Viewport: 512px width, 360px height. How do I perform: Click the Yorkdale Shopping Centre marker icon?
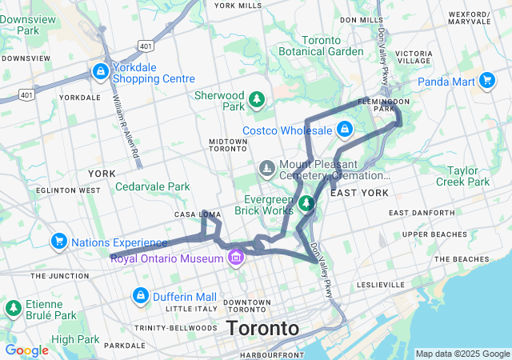(x=100, y=72)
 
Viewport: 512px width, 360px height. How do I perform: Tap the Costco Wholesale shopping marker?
(x=344, y=130)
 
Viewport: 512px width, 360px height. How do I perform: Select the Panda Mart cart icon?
(x=487, y=80)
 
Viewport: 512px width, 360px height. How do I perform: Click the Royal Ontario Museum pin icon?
(x=235, y=258)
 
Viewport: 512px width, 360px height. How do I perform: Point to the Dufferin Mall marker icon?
(x=141, y=296)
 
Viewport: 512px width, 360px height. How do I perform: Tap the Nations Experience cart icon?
(x=58, y=241)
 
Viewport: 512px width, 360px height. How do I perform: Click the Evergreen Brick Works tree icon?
(x=305, y=204)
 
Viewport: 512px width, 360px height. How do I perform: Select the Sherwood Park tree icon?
(x=256, y=100)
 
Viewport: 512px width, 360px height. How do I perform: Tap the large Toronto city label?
(x=262, y=328)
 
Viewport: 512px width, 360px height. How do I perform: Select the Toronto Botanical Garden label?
(x=321, y=46)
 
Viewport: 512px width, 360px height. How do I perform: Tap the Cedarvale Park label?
(x=152, y=186)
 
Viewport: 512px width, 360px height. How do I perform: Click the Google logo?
(x=26, y=350)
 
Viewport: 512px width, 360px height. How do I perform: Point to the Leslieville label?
(x=382, y=284)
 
